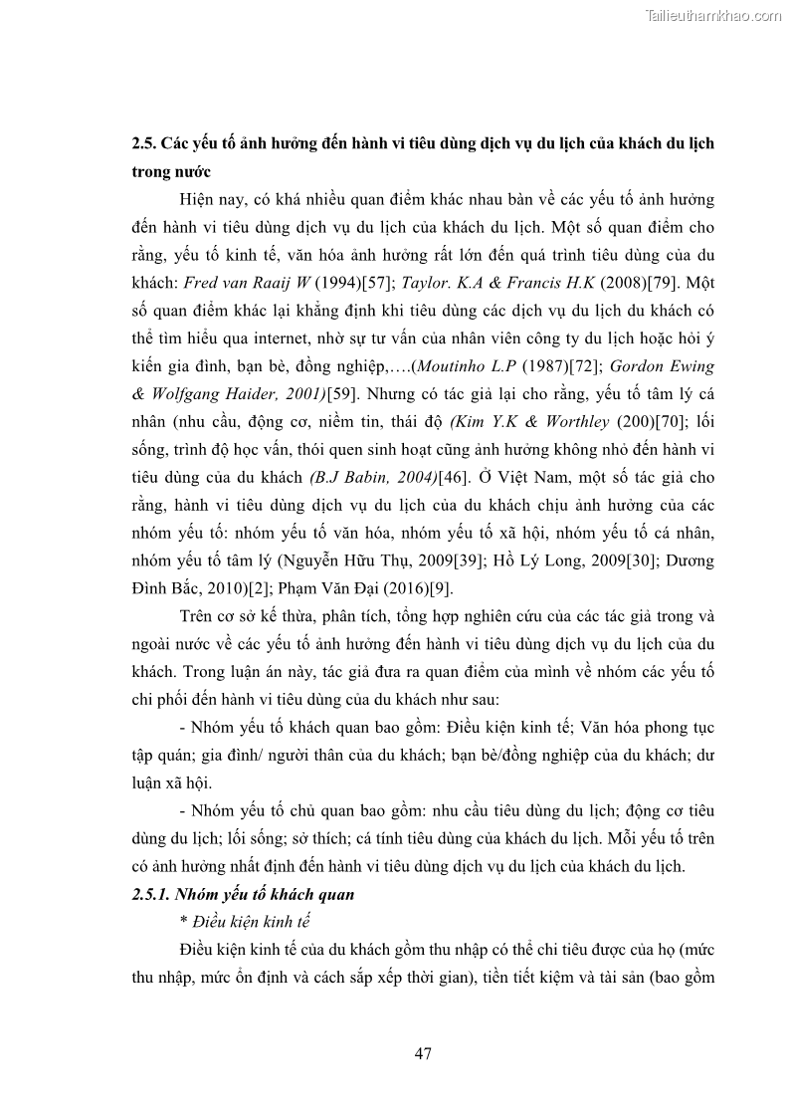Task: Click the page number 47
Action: pos(423,1052)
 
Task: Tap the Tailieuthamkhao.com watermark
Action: pos(713,15)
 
